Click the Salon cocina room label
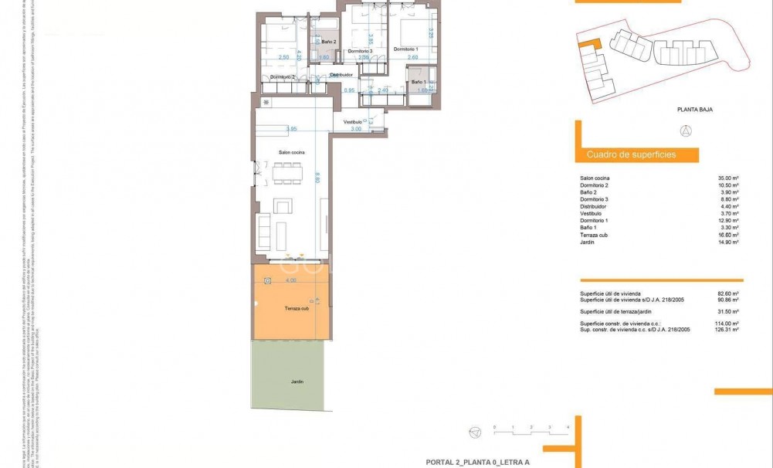coord(293,153)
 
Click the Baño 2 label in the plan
coord(319,42)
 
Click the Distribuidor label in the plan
coord(341,75)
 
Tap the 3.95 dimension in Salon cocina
coord(291,129)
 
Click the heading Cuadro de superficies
coord(631,154)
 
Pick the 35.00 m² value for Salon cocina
coord(729,178)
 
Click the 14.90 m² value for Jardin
coord(729,242)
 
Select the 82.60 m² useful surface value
coord(729,294)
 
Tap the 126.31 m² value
coord(727,329)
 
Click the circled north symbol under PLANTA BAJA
coord(686,131)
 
